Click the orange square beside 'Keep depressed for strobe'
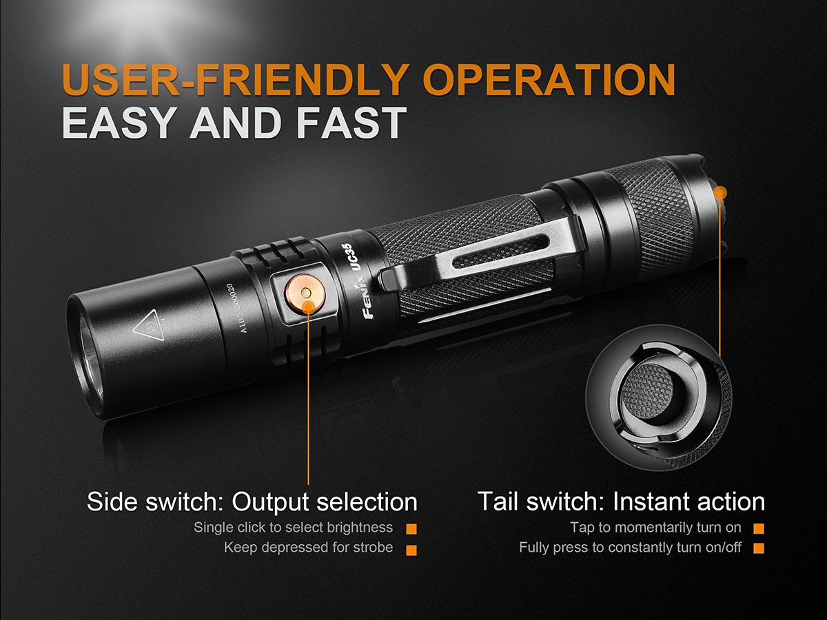(x=411, y=549)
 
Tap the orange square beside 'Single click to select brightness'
(x=411, y=528)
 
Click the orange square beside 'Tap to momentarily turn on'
(x=759, y=528)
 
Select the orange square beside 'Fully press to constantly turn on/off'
(x=759, y=549)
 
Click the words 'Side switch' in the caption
(x=152, y=502)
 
